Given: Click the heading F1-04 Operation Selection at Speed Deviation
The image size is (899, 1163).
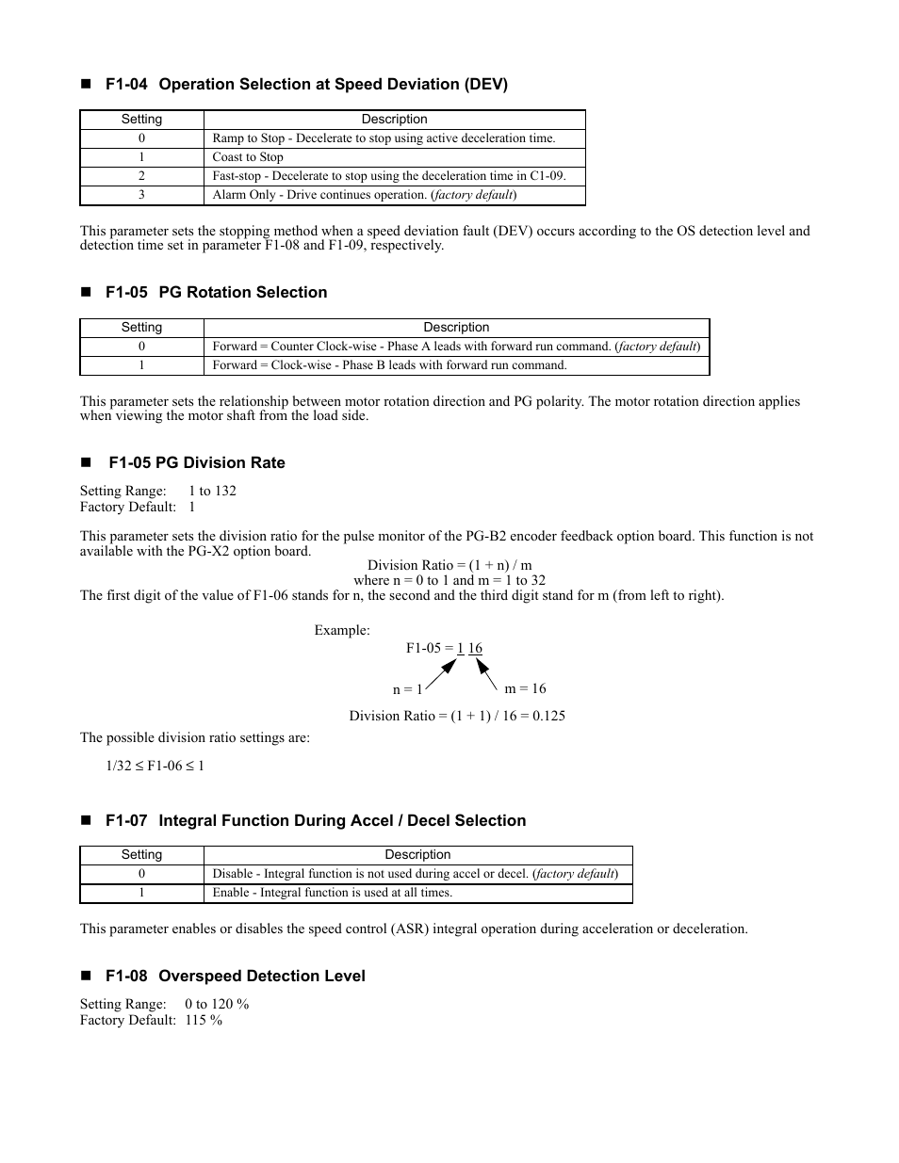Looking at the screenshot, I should [x=306, y=85].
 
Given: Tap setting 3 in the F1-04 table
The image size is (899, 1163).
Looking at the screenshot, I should [x=141, y=195].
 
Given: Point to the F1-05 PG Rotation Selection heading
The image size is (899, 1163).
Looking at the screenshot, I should [x=216, y=293].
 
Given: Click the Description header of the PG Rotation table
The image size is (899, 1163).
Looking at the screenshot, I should [x=456, y=328].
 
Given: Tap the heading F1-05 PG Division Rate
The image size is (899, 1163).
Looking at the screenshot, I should [x=196, y=463].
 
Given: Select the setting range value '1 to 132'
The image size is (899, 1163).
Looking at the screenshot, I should [x=212, y=491].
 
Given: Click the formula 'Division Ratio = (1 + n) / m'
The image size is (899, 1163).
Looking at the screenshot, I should [x=449, y=566].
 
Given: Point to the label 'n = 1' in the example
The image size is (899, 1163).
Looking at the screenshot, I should [x=407, y=689].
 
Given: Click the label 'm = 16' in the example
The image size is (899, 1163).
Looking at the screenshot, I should [x=525, y=688].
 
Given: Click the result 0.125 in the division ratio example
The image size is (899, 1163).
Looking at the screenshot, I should [x=547, y=716].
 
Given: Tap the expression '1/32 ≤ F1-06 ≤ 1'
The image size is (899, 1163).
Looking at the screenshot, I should [x=155, y=766].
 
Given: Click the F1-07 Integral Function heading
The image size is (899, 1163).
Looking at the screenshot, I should [x=316, y=821].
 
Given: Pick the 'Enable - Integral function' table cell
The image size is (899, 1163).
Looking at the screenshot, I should [x=333, y=893].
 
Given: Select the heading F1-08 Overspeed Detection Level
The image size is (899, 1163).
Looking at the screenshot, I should [x=235, y=977].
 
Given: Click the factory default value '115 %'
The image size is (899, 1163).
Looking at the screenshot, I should [x=204, y=1021].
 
